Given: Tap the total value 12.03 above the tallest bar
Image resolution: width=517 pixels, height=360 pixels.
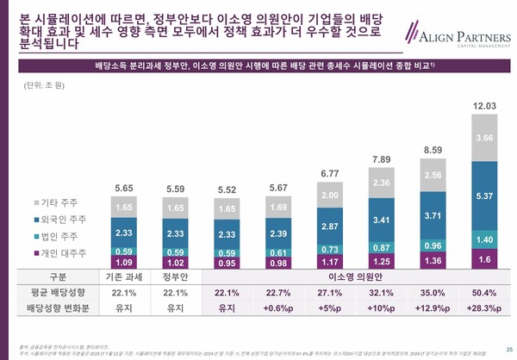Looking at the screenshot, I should (x=485, y=106).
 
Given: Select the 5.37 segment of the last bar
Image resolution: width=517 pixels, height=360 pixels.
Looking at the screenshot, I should (x=485, y=197).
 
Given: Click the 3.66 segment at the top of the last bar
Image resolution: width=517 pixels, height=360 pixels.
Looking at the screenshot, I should (x=485, y=138).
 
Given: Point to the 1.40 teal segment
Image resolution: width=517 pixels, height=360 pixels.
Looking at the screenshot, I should (x=485, y=238).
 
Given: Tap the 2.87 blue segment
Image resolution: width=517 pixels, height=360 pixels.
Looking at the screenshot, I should (x=332, y=226).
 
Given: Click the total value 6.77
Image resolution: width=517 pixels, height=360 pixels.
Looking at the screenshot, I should (x=332, y=175).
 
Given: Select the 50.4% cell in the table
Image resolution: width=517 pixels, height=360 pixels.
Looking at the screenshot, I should (x=485, y=292).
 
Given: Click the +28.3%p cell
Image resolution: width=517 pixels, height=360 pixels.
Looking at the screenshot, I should (x=485, y=307).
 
